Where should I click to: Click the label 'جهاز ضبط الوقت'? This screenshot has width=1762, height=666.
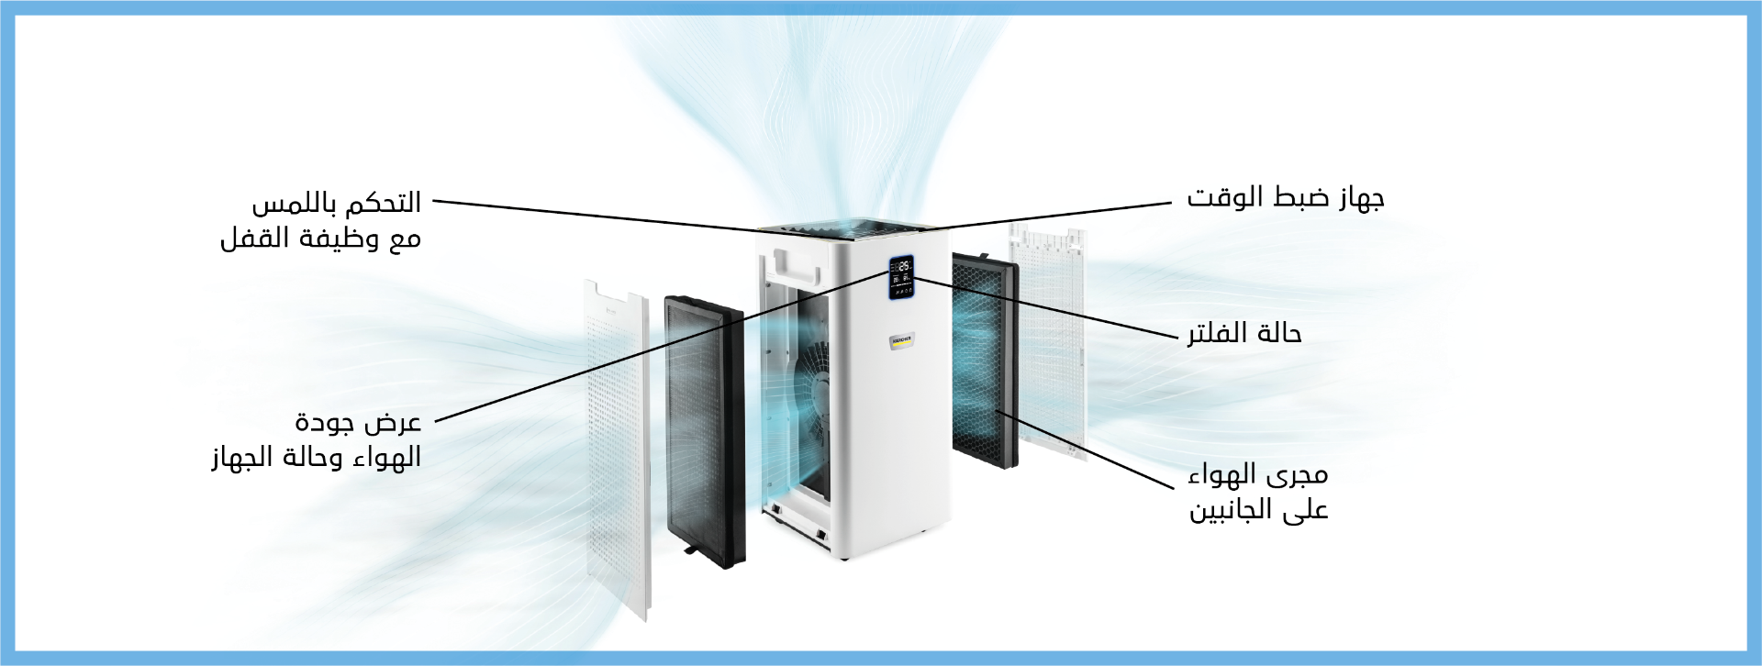pyautogui.click(x=1285, y=197)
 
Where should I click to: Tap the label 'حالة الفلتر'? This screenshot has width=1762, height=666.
pyautogui.click(x=1244, y=333)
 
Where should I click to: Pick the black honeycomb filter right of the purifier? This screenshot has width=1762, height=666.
pyautogui.click(x=985, y=362)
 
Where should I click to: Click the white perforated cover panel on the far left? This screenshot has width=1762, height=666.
pyautogui.click(x=618, y=450)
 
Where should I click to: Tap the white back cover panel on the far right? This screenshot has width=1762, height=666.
pyautogui.click(x=1049, y=339)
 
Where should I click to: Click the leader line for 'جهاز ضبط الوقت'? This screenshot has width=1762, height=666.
pyautogui.click(x=1055, y=214)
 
